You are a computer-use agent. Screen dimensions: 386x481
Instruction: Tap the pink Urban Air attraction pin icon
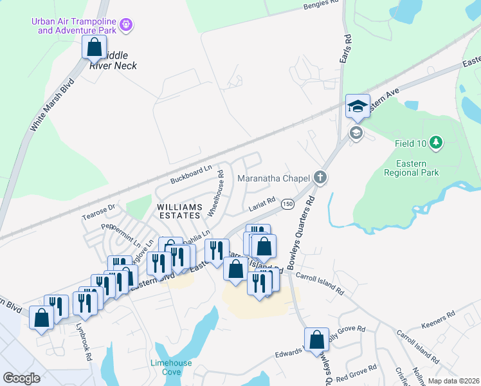pos(127,25)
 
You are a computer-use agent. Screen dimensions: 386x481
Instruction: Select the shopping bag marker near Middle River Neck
pos(94,47)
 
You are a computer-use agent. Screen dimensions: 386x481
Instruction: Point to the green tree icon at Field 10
pos(436,141)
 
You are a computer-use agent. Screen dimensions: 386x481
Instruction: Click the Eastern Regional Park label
pos(411,168)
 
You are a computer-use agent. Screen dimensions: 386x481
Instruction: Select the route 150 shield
pos(287,204)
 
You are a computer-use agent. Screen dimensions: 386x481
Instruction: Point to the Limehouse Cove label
pos(171,367)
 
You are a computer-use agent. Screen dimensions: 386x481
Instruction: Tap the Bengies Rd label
pos(320,6)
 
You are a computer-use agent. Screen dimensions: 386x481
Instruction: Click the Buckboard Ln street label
pos(191,174)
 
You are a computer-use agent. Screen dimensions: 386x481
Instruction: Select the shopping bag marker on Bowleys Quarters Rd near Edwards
pos(316,339)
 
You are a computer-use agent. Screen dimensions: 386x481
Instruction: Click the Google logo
pos(21,378)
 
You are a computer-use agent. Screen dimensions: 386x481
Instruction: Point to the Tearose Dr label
pos(98,212)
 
